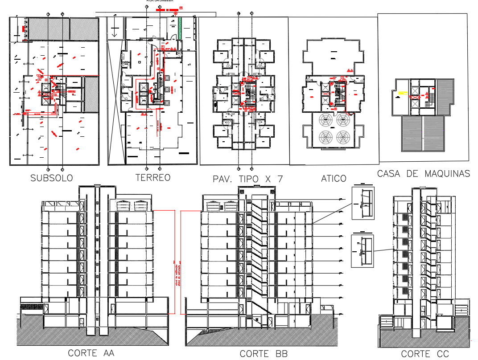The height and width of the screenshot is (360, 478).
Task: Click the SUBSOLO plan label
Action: point(51,178)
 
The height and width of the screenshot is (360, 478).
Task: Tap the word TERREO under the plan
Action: point(153,177)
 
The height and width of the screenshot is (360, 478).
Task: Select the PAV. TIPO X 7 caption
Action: point(248,179)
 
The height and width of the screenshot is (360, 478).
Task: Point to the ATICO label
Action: point(334,179)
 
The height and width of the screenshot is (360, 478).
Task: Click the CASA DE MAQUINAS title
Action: point(423,174)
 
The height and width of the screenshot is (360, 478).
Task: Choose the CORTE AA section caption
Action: point(91,353)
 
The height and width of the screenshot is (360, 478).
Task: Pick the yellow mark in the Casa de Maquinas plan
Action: point(403,93)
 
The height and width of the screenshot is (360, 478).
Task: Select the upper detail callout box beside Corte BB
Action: point(363,203)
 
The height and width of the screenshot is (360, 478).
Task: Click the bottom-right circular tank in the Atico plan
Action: point(342,136)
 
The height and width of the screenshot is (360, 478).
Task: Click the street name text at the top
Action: point(160,1)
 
